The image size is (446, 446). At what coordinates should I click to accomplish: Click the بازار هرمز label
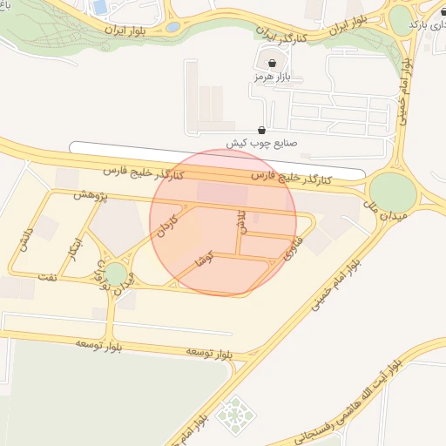[271, 78]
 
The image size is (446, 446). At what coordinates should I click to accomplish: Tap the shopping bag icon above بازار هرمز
[274, 63]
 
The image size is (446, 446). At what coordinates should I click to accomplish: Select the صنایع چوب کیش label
[262, 143]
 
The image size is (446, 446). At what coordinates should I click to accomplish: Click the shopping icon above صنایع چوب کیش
[263, 129]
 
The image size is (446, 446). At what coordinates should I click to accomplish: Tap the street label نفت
[46, 277]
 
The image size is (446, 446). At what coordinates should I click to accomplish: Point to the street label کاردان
[166, 225]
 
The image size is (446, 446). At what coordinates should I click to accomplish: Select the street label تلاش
[241, 220]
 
